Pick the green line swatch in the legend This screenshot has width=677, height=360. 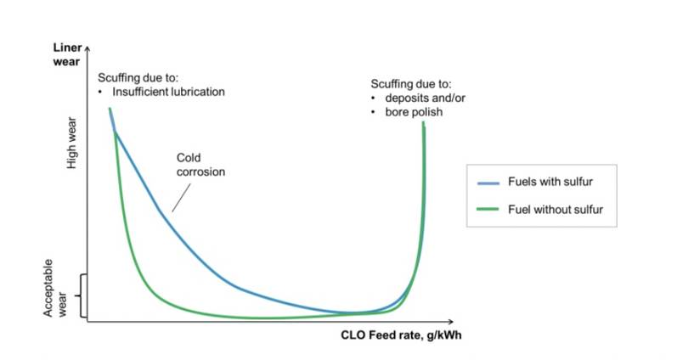point(487,209)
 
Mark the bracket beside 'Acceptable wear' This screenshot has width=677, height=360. point(82,295)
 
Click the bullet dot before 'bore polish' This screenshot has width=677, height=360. point(375,112)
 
